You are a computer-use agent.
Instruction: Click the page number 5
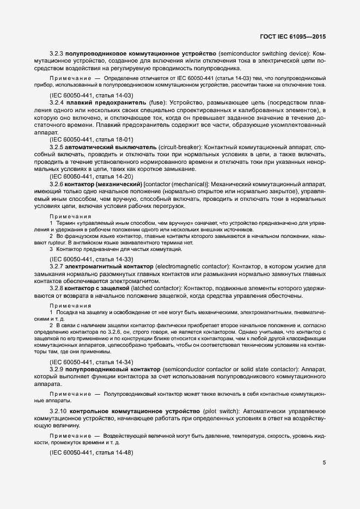(x=325, y=463)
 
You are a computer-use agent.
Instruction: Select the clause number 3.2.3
(x=57, y=54)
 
